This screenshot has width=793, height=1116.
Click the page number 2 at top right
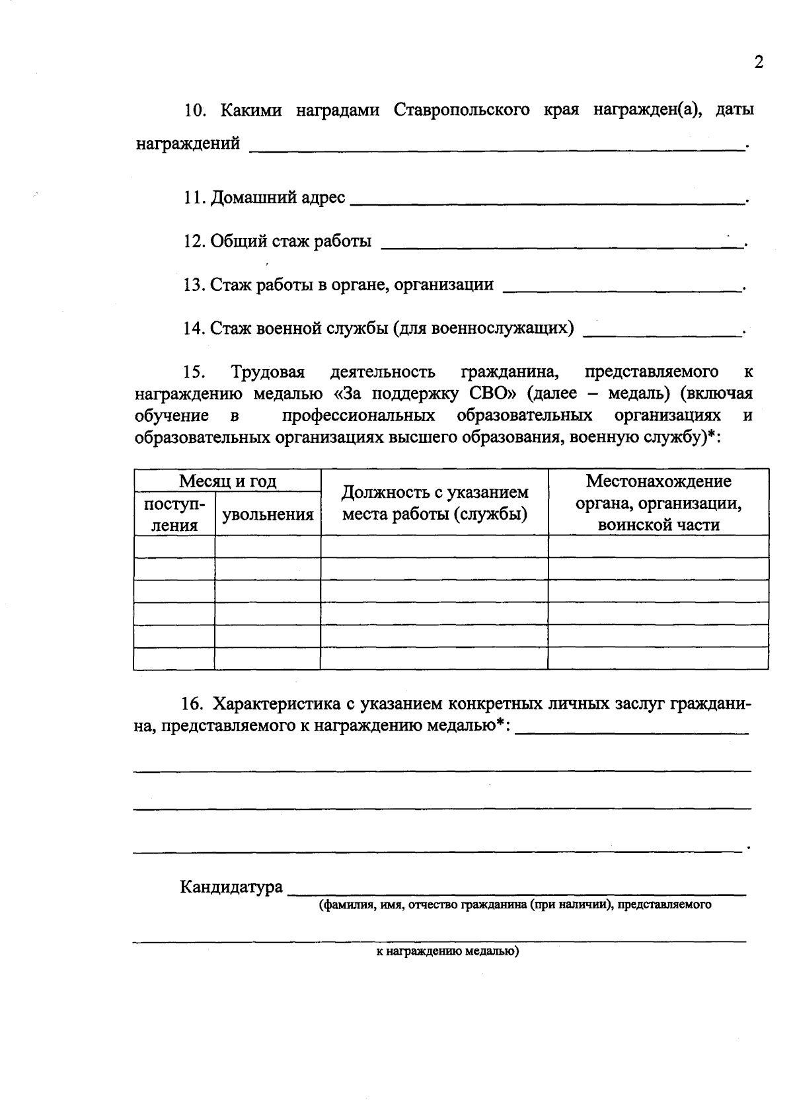(x=758, y=63)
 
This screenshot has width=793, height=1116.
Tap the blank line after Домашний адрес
(x=545, y=201)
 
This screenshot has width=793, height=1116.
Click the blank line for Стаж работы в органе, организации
(x=621, y=289)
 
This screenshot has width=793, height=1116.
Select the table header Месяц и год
(x=227, y=481)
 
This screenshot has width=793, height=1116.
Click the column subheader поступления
(x=174, y=514)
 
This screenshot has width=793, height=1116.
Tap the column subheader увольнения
(x=268, y=514)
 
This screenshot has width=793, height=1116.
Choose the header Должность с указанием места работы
(x=434, y=503)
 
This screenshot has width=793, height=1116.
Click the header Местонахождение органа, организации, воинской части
(x=658, y=503)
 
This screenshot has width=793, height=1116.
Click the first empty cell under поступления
(x=174, y=547)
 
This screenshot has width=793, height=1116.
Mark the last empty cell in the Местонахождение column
(x=658, y=658)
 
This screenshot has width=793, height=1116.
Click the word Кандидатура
(x=231, y=887)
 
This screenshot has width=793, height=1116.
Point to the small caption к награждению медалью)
(x=443, y=952)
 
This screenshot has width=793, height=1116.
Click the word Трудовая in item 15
(x=268, y=372)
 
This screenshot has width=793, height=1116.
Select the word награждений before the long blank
(x=188, y=143)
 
